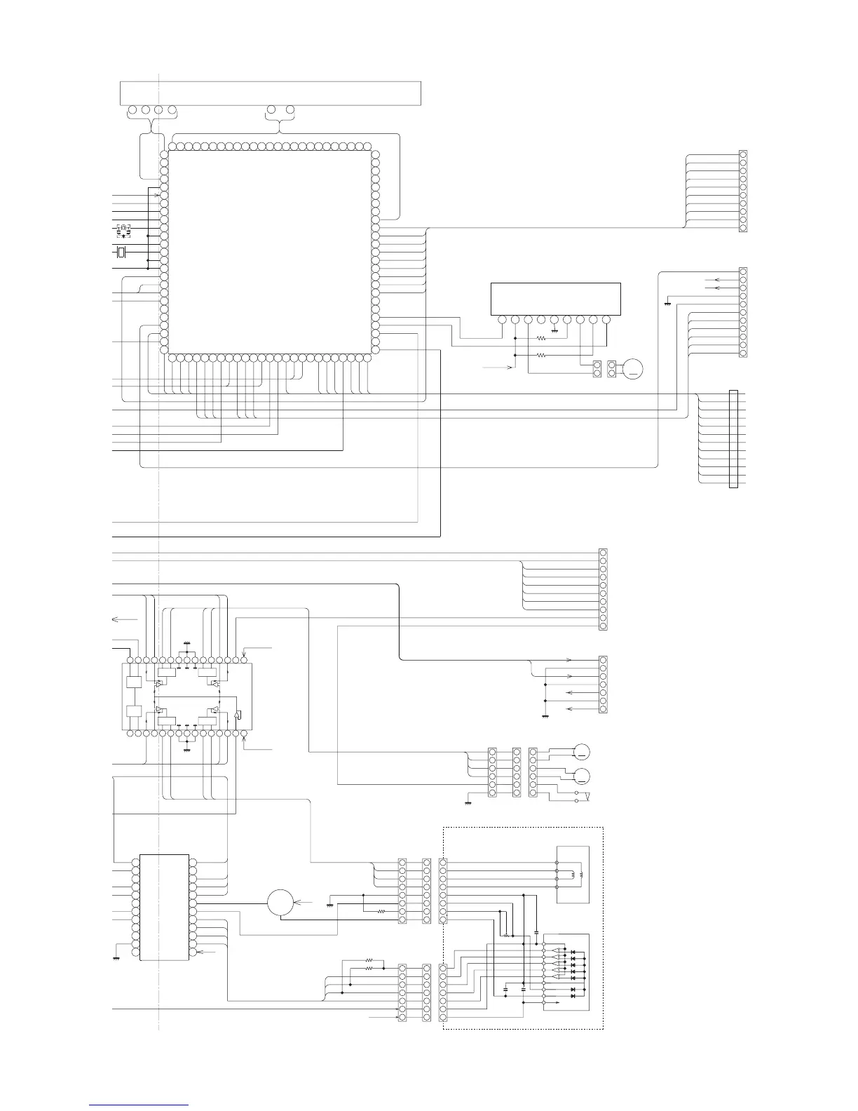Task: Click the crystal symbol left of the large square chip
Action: click(121, 252)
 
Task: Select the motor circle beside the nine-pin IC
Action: click(633, 368)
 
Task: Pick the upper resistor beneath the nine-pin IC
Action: click(540, 338)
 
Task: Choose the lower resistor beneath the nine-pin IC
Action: click(540, 356)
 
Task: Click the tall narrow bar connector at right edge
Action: click(734, 438)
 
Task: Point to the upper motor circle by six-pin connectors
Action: click(581, 752)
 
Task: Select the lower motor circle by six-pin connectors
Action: click(581, 776)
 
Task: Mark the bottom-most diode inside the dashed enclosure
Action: click(573, 995)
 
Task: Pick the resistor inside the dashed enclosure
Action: click(506, 935)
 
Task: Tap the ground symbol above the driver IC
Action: click(186, 642)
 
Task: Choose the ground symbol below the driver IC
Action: click(186, 749)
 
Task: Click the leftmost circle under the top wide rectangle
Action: click(132, 110)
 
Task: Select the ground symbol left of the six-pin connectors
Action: click(468, 801)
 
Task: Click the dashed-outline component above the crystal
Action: click(123, 229)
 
